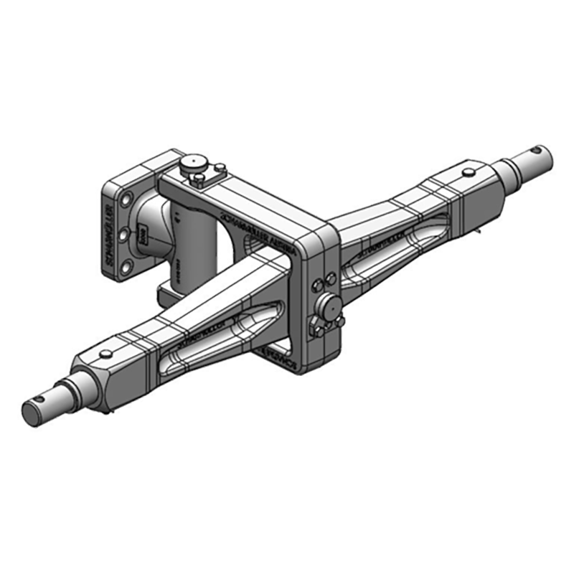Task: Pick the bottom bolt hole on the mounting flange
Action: [128, 267]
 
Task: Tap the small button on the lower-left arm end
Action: [105, 353]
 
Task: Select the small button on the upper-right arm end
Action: [468, 172]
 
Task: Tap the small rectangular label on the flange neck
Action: [142, 234]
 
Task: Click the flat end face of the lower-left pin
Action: [32, 413]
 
